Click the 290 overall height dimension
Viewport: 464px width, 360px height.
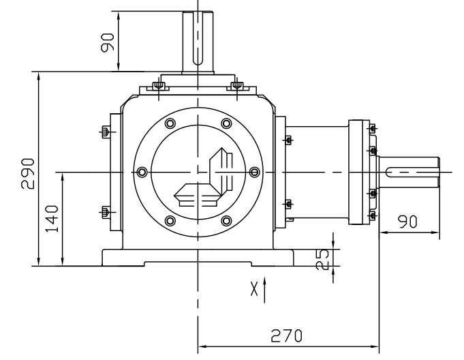point(27,168)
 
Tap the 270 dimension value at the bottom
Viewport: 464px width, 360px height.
point(285,336)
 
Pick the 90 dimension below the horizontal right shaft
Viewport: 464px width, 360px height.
point(408,222)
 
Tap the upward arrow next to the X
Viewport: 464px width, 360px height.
point(265,288)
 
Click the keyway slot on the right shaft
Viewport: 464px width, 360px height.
point(409,172)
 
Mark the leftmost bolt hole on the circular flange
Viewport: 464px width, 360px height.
point(142,172)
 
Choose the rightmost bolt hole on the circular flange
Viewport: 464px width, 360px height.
point(254,172)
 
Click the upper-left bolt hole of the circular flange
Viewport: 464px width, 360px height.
point(170,123)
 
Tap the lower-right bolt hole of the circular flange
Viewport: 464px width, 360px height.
point(226,220)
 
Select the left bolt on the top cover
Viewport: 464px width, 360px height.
point(159,85)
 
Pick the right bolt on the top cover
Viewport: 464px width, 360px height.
point(236,85)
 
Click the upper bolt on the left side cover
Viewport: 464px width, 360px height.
point(104,132)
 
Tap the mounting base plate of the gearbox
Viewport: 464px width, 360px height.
point(198,258)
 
